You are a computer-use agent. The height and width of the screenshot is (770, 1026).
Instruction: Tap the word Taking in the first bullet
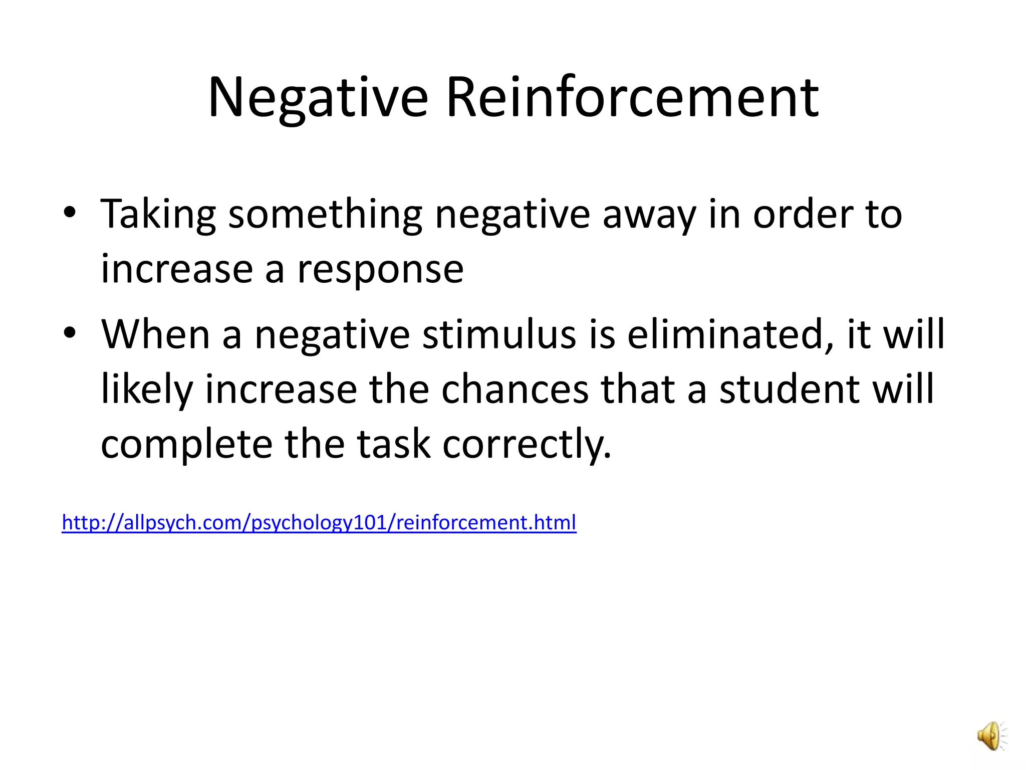coord(158,215)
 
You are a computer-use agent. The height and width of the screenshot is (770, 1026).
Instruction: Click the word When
coord(155,334)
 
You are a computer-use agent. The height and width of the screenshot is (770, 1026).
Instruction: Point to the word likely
coord(147,390)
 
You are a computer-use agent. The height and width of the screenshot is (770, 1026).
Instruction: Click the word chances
coord(515,390)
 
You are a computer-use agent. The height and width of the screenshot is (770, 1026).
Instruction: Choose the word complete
coord(186,445)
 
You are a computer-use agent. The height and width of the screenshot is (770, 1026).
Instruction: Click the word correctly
coord(527,445)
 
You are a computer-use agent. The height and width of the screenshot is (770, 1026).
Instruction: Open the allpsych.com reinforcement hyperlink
coord(319,522)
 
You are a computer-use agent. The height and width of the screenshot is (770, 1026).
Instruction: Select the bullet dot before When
coord(70,332)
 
